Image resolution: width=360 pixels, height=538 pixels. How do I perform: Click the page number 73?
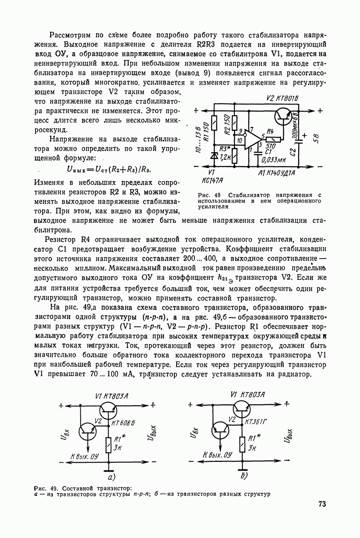coord(322,504)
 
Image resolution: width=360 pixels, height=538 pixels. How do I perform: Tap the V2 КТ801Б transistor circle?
coord(283,116)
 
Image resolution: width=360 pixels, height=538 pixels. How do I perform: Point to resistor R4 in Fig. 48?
coord(273,139)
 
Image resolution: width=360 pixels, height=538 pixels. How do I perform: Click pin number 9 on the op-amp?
coord(241,131)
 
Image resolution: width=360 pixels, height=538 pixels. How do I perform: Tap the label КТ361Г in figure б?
coord(257,422)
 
